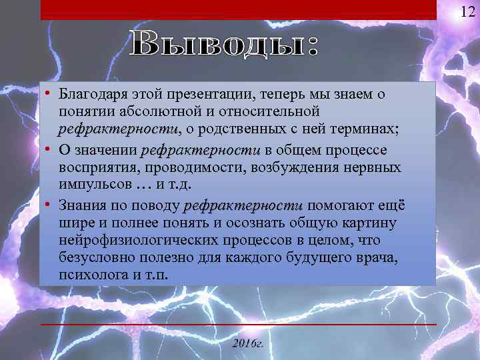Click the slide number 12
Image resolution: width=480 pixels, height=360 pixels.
[466, 11]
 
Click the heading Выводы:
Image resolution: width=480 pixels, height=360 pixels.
[225, 45]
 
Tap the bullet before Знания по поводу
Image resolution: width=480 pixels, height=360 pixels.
[50, 205]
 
